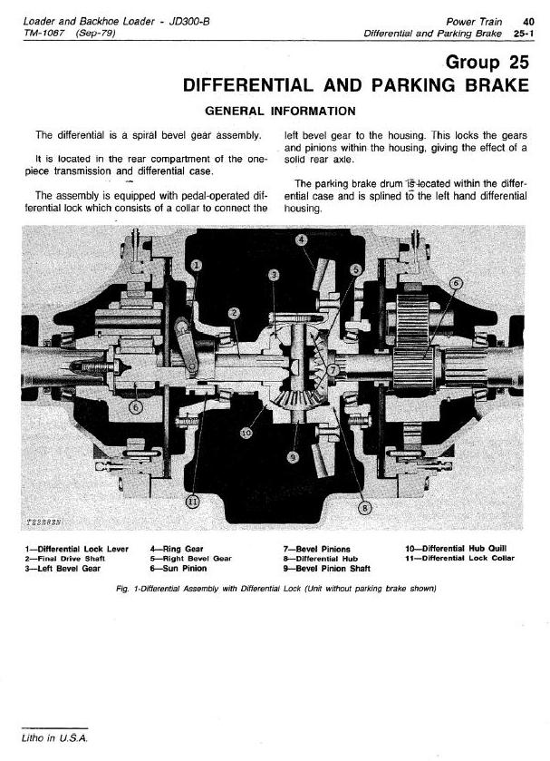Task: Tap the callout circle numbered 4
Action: [302, 239]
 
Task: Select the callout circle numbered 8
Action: [364, 507]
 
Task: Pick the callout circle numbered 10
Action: [245, 434]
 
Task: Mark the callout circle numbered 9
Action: [292, 456]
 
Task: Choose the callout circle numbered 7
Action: [333, 371]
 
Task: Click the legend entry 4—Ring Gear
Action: [177, 549]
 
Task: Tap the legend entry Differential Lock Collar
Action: [460, 559]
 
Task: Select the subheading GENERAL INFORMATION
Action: [281, 112]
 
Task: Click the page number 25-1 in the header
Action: [522, 33]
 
